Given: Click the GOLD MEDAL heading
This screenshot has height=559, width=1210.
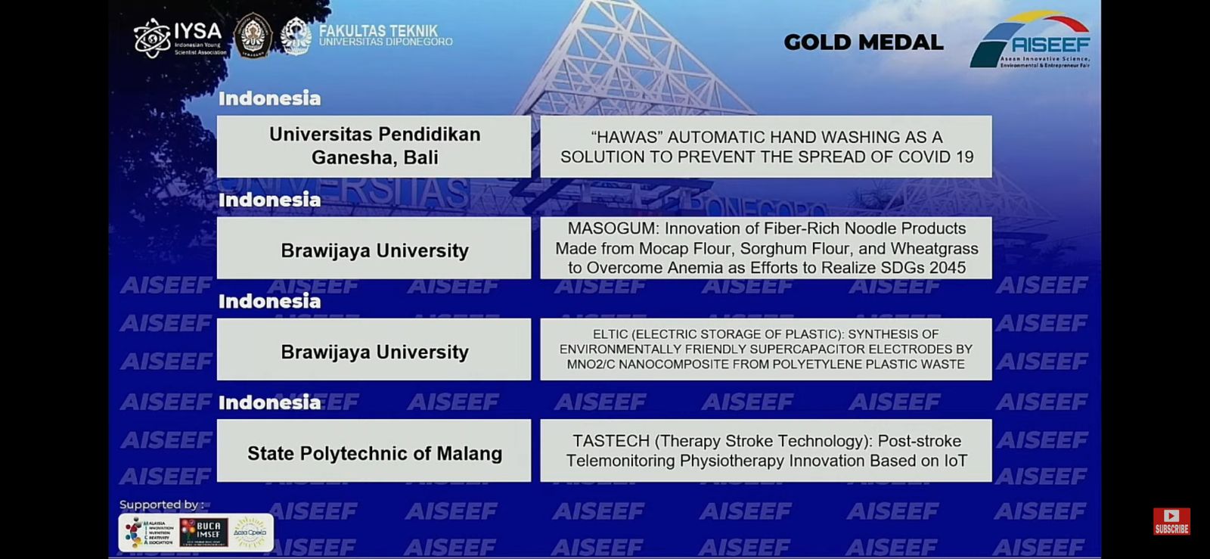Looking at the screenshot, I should (x=863, y=42).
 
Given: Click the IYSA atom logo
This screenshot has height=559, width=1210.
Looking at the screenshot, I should (x=151, y=38).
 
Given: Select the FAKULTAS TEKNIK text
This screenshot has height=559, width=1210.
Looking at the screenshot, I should (x=378, y=31).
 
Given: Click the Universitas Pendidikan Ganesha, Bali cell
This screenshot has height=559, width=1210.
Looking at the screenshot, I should (x=374, y=146).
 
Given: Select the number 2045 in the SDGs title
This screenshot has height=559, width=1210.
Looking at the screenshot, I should (x=948, y=268).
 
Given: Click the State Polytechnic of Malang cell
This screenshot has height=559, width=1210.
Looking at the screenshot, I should (x=374, y=453).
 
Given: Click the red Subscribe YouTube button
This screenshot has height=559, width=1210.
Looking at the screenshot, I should (x=1171, y=520).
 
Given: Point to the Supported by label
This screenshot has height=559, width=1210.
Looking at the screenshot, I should (x=161, y=505).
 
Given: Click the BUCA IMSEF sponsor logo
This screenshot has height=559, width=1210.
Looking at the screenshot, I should (x=203, y=533).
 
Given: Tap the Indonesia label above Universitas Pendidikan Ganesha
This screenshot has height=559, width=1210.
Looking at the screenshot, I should (x=269, y=98).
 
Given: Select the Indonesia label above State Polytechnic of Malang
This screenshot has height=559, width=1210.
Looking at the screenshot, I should (x=269, y=402).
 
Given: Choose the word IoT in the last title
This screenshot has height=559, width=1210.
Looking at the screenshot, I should (x=955, y=461).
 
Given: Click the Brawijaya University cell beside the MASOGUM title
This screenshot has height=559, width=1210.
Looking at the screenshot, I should (x=374, y=250).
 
